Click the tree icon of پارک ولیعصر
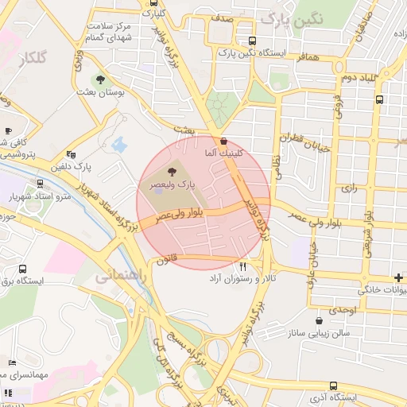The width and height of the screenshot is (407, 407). pyautogui.click(x=172, y=172)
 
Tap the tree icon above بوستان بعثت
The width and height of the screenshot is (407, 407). pyautogui.click(x=100, y=79)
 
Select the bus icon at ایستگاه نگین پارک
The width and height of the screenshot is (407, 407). pyautogui.click(x=252, y=41)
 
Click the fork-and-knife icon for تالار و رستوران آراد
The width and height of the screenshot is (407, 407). pyautogui.click(x=243, y=266)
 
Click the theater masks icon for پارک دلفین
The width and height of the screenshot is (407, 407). pyautogui.click(x=72, y=155)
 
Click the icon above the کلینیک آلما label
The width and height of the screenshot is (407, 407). pyautogui.click(x=224, y=140)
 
